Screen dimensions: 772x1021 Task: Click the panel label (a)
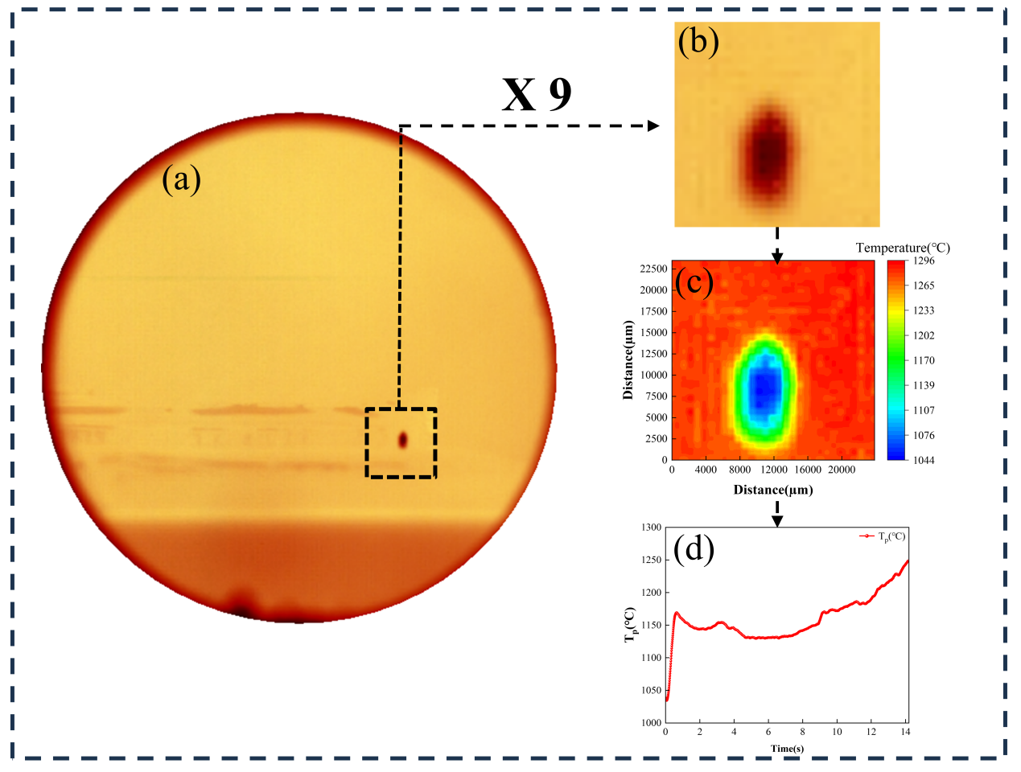pos(181,179)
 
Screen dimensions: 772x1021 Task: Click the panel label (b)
pos(698,41)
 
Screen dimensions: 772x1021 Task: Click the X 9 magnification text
pos(537,95)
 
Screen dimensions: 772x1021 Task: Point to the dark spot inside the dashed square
pos(402,440)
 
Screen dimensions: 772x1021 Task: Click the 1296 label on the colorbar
pos(924,261)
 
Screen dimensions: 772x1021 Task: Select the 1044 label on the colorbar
pos(924,460)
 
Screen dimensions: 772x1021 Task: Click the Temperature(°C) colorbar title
pos(903,248)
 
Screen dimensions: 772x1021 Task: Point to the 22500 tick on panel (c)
pos(653,269)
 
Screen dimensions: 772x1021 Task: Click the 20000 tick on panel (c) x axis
pos(842,470)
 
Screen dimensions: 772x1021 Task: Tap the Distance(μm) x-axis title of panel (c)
pos(772,490)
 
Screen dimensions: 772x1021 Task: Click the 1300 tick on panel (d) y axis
pos(652,528)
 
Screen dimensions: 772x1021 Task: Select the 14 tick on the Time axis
pos(906,732)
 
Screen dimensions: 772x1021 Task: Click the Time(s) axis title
pos(786,749)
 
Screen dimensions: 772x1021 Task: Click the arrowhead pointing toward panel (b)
pos(653,125)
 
